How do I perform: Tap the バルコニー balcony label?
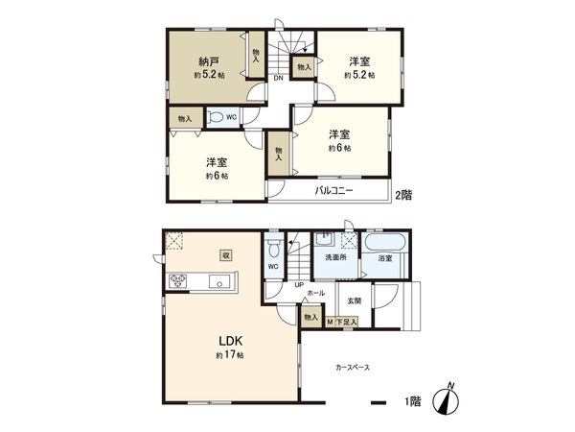point(334,192)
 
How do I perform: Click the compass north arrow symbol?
point(449,401)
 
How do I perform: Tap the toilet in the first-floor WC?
point(274,247)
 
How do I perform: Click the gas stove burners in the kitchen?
point(179,281)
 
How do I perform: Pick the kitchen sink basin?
point(220,281)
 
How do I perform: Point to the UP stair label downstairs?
point(299,285)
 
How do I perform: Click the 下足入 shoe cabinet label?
point(345,324)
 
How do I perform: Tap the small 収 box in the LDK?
point(226,255)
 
